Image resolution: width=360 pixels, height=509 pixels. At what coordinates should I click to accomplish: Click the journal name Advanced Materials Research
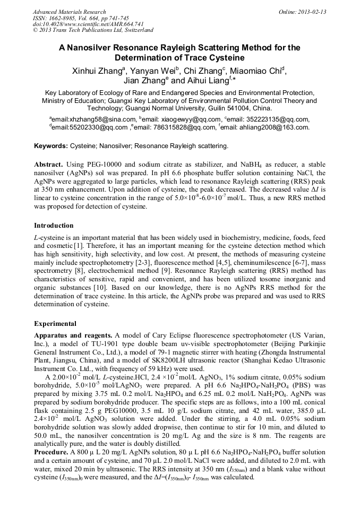pos(69,12)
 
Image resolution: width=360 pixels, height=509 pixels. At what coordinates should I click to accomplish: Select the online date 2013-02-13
pos(311,12)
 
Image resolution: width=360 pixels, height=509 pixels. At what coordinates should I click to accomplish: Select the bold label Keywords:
pos(51,145)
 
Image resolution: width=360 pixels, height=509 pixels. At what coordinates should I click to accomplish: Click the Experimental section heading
pos(55,323)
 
